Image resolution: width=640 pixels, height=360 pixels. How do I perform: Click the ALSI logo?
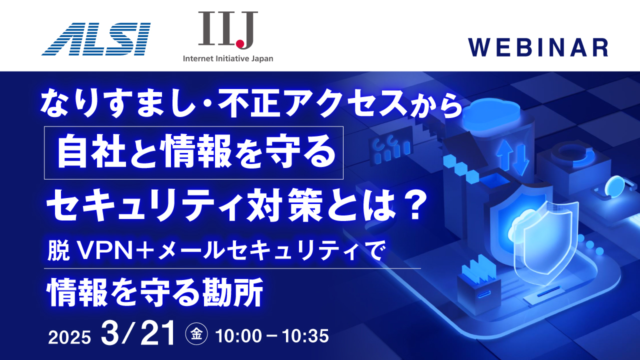(x=95, y=38)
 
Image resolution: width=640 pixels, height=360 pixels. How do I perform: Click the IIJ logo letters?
(x=227, y=29)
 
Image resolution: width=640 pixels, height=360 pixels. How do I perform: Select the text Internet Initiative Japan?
(x=228, y=58)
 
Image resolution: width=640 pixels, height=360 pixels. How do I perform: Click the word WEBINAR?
(x=538, y=47)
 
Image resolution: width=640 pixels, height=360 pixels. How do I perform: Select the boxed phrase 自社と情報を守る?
(x=194, y=152)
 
